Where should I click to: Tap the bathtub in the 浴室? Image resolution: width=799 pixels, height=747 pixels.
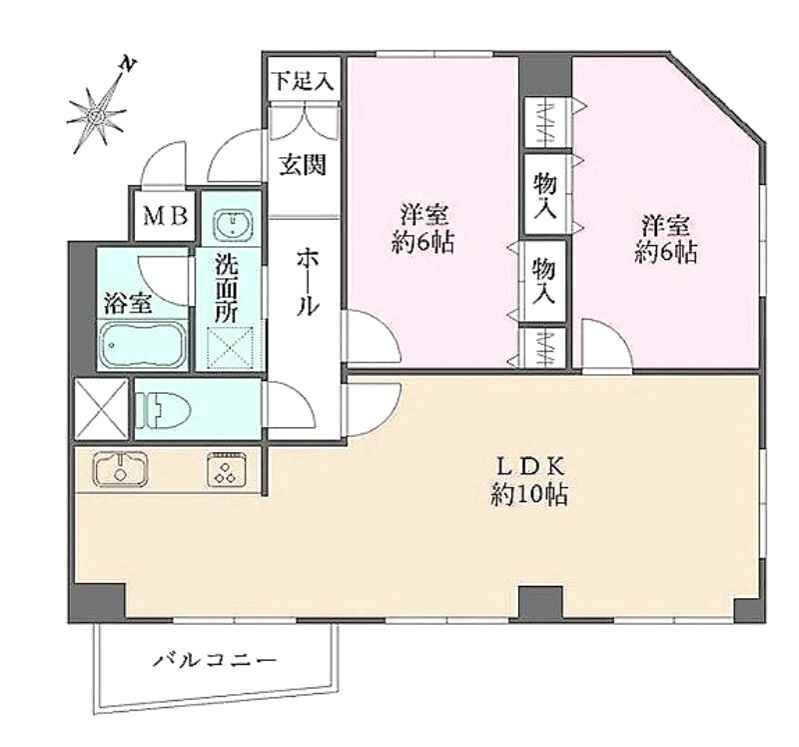(143, 345)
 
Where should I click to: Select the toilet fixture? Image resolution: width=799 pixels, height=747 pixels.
(163, 409)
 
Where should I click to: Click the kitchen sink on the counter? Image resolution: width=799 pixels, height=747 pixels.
(120, 468)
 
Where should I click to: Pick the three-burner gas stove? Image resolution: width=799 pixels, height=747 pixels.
(227, 468)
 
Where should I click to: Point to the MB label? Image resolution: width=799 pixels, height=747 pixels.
(166, 216)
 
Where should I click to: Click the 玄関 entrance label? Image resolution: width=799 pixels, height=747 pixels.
(303, 165)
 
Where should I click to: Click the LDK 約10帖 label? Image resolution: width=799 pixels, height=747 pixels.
(529, 480)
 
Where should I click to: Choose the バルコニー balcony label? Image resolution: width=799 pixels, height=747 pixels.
(215, 661)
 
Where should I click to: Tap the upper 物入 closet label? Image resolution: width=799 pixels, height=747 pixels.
(544, 195)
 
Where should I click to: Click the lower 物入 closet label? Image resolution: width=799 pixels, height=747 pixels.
(543, 281)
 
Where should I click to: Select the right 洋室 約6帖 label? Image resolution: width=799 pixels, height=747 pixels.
(665, 238)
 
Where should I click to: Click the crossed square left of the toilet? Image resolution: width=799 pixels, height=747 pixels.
(101, 409)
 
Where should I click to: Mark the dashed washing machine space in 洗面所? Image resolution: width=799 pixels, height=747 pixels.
(231, 347)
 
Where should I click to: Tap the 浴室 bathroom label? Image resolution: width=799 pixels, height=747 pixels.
(128, 303)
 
